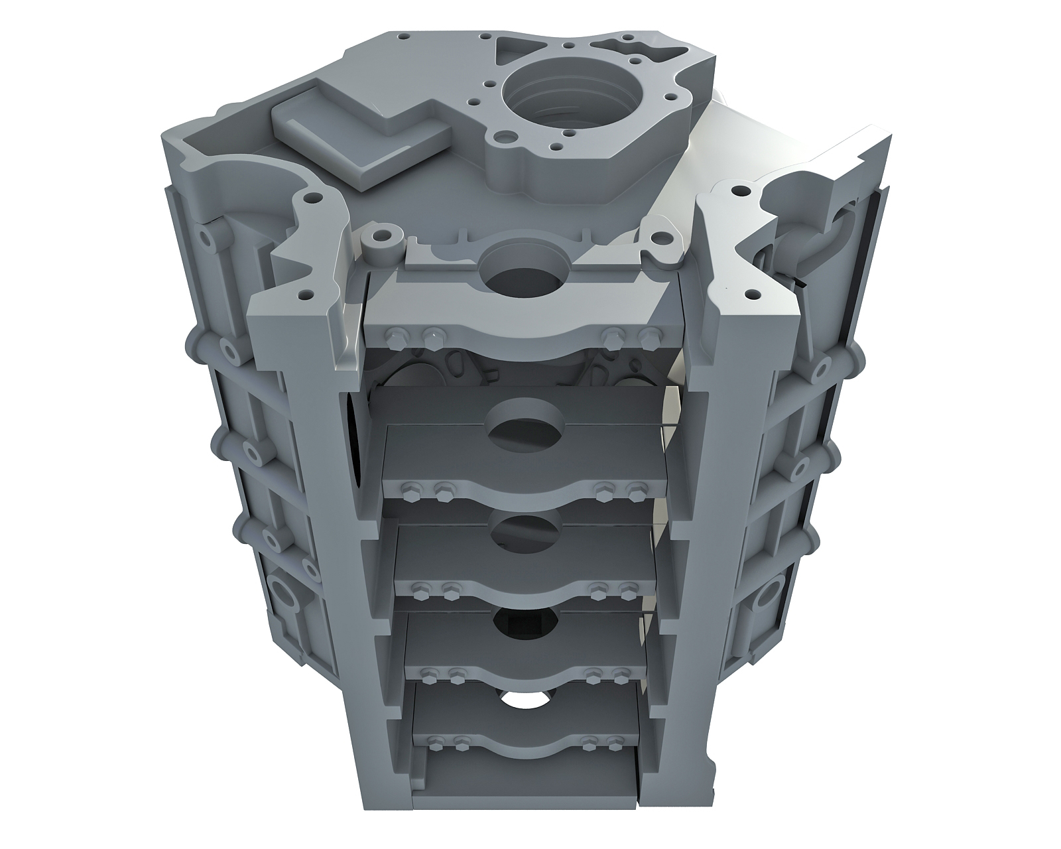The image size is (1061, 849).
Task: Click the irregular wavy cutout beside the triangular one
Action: (620, 46)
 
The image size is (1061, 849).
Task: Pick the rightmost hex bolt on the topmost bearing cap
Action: (651, 335)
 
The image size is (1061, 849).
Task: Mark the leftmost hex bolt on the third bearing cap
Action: (418, 589)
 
